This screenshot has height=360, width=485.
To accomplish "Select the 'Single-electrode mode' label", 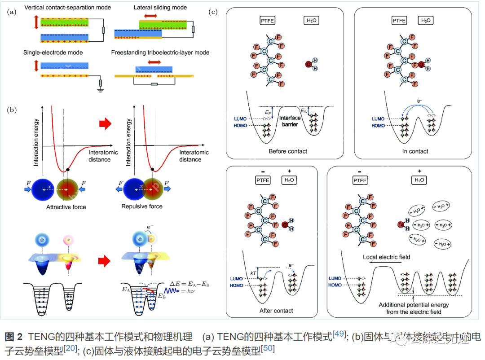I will pos(53,53).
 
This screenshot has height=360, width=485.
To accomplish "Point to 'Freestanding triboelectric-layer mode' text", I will pos(160,53).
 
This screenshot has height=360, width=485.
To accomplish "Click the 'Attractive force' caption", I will pos(66,207).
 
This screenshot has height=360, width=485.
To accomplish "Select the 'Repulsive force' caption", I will pos(142,206).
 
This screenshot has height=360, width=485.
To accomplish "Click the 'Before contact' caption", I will pos(288,151).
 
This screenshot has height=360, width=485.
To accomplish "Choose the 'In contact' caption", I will pos(414,151).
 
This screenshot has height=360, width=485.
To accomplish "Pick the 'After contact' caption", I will pos(276,311).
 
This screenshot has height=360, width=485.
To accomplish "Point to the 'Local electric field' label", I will pos(386,257).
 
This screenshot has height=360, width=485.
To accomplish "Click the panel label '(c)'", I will pos(214,12).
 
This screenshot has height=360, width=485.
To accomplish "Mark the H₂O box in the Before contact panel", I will pos(310,20).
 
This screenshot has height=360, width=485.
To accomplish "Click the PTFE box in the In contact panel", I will pos(398,20).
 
